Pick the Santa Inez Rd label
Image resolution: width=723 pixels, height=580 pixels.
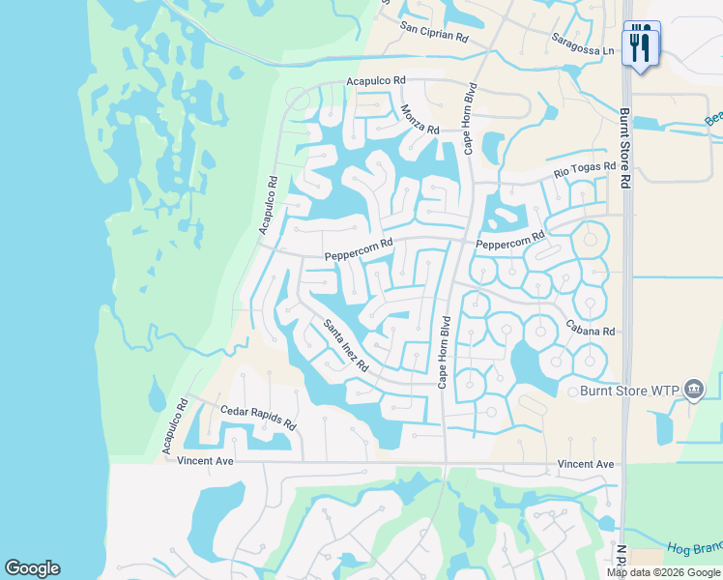[346, 346]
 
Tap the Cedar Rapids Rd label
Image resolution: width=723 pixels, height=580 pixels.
[258, 418]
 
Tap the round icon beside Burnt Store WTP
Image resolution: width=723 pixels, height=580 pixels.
[693, 390]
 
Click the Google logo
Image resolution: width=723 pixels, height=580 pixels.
[32, 568]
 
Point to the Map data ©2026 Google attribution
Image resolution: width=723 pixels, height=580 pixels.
[663, 572]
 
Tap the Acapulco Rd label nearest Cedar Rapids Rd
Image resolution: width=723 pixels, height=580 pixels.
[174, 425]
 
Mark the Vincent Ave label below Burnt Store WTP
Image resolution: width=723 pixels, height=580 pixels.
[586, 465]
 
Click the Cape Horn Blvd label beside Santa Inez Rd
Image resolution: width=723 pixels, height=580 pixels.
[445, 352]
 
